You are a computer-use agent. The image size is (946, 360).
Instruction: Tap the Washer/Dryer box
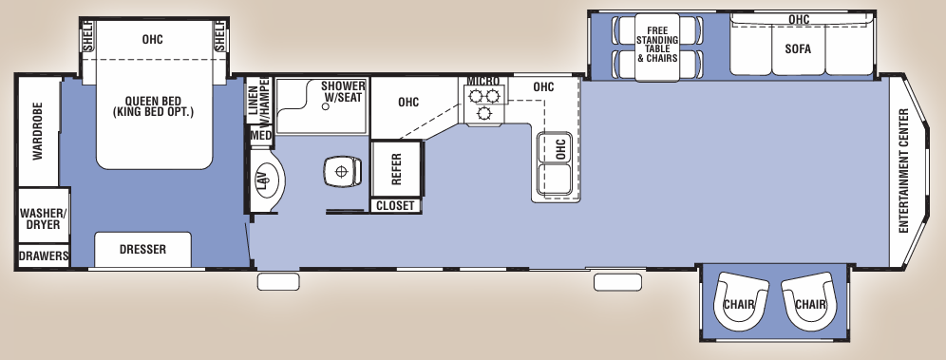click(x=43, y=218)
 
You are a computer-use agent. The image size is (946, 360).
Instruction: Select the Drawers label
click(x=44, y=256)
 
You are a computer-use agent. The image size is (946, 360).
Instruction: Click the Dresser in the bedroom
click(x=142, y=250)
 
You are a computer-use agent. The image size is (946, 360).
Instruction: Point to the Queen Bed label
click(x=153, y=105)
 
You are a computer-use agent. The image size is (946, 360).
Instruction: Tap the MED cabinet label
click(x=260, y=136)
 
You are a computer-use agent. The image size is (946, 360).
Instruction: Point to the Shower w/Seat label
click(x=343, y=91)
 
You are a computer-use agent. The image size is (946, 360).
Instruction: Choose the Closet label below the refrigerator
click(x=396, y=205)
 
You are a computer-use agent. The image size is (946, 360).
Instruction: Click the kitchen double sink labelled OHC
click(x=554, y=162)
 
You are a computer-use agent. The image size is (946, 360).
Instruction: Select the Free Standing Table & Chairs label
click(x=656, y=43)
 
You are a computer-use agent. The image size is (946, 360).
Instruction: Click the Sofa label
click(x=797, y=49)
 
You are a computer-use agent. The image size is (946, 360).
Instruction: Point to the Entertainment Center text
click(x=903, y=170)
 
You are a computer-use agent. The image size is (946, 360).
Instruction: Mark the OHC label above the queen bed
click(x=153, y=40)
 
